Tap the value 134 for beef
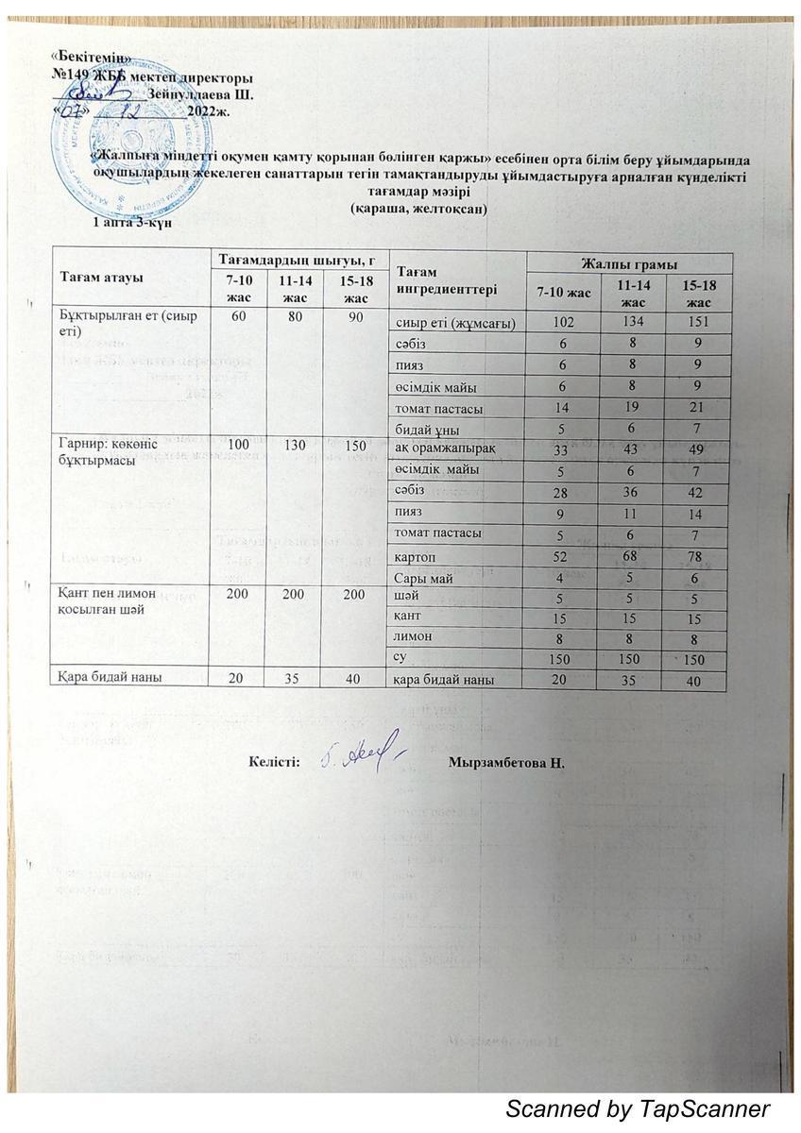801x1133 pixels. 633,324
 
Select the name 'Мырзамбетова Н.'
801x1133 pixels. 506,762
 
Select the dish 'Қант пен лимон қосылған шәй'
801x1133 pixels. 107,606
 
